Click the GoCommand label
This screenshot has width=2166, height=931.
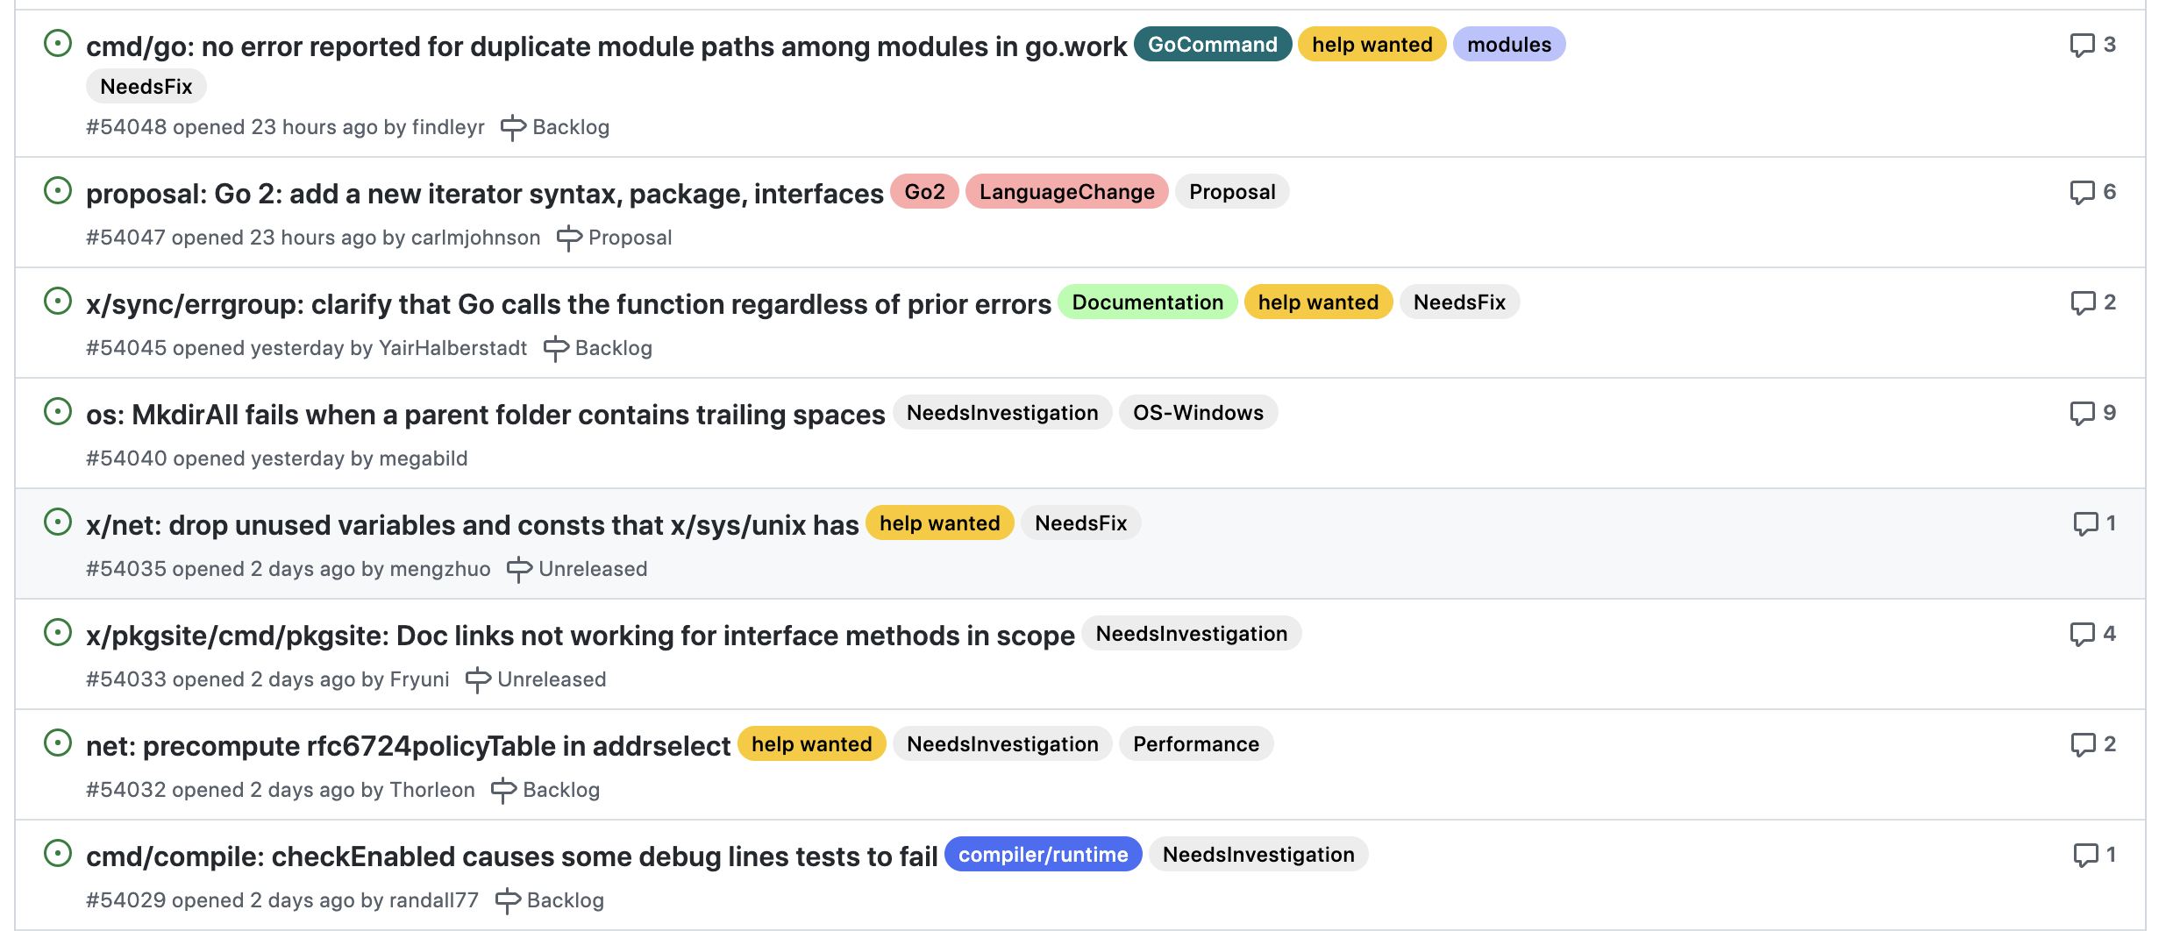[x=1212, y=45]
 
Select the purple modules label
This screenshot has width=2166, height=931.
[x=1508, y=45]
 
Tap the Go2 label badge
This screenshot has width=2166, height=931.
[x=924, y=192]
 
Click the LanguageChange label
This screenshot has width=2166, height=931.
[x=1066, y=192]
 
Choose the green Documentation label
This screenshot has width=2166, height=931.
[x=1147, y=302]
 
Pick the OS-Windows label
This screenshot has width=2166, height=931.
[x=1198, y=413]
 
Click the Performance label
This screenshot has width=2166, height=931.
[x=1195, y=744]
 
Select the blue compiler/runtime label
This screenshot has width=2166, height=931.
[x=1043, y=855]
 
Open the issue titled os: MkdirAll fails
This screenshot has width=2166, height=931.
[x=485, y=415]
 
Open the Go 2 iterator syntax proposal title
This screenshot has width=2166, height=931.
[x=484, y=194]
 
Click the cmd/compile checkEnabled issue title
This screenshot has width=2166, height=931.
[x=511, y=856]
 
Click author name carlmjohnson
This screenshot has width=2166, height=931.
[x=475, y=238]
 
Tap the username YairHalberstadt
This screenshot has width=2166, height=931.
[x=452, y=348]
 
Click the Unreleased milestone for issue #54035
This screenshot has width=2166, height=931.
[x=577, y=569]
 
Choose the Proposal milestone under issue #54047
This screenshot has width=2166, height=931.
[x=614, y=238]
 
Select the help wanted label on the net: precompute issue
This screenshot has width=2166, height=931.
[x=811, y=744]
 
